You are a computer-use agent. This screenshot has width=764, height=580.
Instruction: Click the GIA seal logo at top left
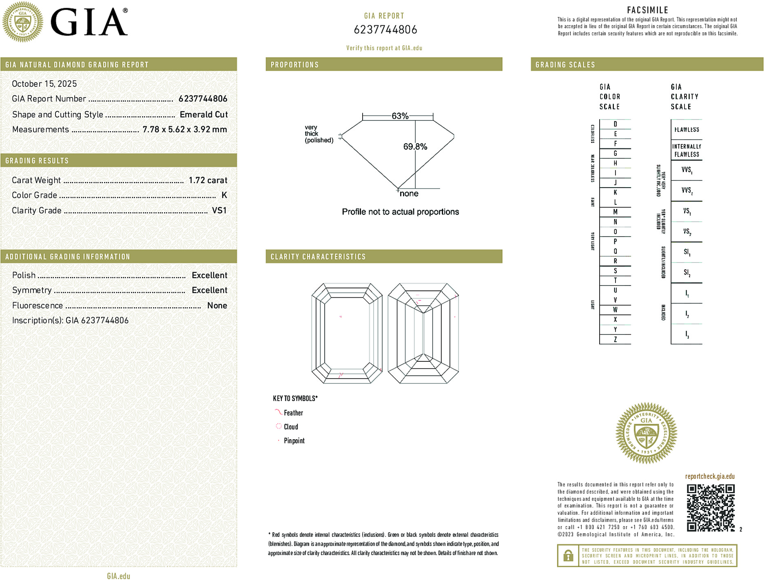(x=22, y=22)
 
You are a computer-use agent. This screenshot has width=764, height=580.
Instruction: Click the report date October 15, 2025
(x=44, y=84)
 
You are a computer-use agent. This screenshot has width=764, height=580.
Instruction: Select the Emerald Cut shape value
(x=204, y=115)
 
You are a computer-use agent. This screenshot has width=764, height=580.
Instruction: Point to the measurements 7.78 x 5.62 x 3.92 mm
(x=184, y=130)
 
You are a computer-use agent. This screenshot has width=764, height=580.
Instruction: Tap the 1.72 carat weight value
(x=208, y=180)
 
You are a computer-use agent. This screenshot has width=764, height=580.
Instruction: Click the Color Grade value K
(x=224, y=195)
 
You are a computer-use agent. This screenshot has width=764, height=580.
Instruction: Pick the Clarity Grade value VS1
(x=219, y=210)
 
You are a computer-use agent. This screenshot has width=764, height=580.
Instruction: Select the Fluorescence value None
(x=217, y=305)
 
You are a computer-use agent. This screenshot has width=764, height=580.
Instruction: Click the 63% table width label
(x=400, y=116)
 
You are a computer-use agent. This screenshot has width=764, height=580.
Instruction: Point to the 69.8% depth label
(x=415, y=146)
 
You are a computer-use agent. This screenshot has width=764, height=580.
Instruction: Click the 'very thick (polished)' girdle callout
(x=319, y=134)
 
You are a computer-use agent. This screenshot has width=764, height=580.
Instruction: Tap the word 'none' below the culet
(x=409, y=194)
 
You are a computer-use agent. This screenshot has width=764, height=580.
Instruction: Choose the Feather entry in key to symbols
(x=293, y=413)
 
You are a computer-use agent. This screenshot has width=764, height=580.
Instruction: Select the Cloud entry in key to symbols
(x=290, y=427)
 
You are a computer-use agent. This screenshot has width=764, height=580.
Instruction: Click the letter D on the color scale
(x=615, y=124)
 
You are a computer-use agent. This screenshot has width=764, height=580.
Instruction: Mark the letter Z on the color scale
(x=615, y=339)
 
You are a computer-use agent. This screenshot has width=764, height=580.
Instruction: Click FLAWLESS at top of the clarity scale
(x=686, y=130)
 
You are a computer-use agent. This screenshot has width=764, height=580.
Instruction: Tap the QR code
(x=710, y=508)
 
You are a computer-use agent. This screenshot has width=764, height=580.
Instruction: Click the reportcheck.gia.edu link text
(x=710, y=476)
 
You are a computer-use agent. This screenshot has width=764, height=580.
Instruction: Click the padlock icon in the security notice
(x=568, y=556)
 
